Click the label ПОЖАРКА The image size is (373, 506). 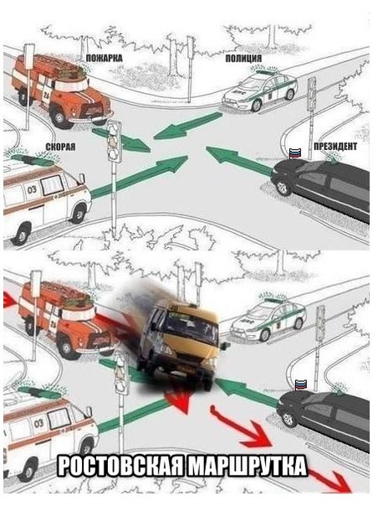(104, 58)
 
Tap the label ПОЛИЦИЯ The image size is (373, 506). (243, 58)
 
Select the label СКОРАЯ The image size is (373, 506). (60, 147)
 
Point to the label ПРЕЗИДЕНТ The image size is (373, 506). (335, 147)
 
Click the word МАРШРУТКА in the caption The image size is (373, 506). (248, 465)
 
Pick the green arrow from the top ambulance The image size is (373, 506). (139, 176)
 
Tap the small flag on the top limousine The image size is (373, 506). (294, 153)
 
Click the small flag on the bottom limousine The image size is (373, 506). (301, 385)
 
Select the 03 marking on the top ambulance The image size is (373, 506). (32, 189)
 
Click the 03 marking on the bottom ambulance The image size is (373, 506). (38, 422)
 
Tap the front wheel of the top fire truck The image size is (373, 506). (59, 117)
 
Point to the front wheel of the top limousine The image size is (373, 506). (283, 188)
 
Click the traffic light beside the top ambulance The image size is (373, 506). (114, 142)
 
